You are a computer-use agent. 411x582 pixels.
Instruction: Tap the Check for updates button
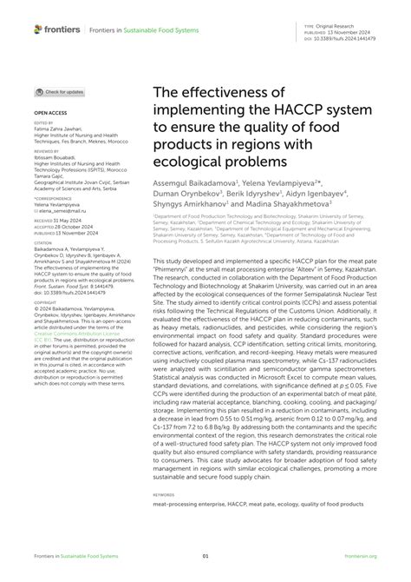click(60, 91)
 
